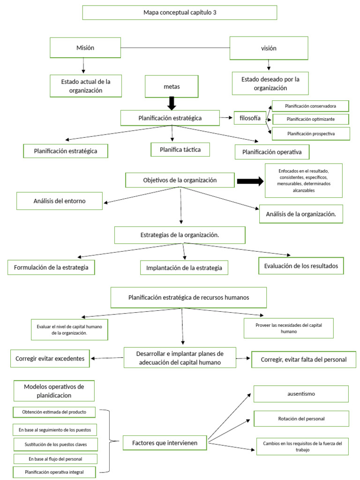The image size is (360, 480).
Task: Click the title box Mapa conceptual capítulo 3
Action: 180,13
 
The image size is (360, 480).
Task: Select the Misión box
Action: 85,48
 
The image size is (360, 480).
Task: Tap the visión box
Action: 269,48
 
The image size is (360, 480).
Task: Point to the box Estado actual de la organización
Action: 86,86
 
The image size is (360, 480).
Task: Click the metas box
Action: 172,87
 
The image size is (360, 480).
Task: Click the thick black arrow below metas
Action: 172,103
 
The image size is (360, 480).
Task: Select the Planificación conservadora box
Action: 311,106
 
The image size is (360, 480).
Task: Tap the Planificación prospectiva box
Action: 311,134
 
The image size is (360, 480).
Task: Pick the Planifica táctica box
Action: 180,149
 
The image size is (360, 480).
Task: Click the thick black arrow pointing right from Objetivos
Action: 250,182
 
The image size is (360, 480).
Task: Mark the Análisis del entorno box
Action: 60,201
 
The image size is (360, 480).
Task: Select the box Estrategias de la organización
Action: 180,235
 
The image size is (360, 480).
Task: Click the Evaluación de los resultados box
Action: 300,266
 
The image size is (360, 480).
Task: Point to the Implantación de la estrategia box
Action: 184,267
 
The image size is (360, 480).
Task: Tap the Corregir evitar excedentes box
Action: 50,359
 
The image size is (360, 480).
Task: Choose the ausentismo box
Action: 301,394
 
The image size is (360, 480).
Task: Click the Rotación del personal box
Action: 301,418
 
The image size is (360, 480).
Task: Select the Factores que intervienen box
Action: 165,442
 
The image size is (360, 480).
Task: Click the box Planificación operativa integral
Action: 54,472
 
